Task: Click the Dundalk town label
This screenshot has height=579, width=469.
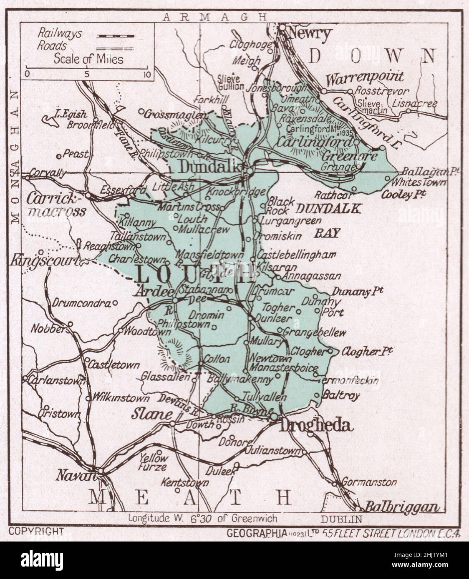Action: click(x=210, y=167)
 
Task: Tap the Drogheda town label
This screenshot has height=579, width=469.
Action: click(x=316, y=426)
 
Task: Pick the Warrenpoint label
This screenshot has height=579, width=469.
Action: click(x=365, y=77)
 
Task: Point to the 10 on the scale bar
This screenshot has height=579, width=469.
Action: click(x=146, y=75)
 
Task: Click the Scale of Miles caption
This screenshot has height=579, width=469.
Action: click(x=88, y=59)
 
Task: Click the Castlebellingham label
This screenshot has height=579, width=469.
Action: click(x=297, y=255)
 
